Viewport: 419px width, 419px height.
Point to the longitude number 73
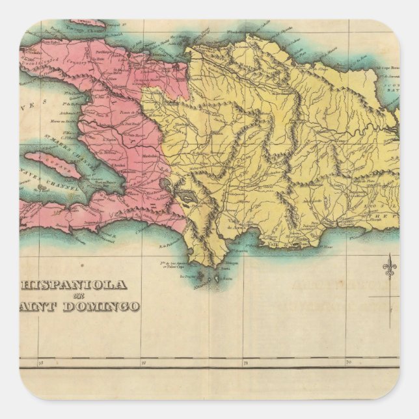pos(40,362)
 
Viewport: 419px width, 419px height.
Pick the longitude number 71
pos(245,362)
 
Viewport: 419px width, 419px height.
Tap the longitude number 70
pos(348,362)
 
